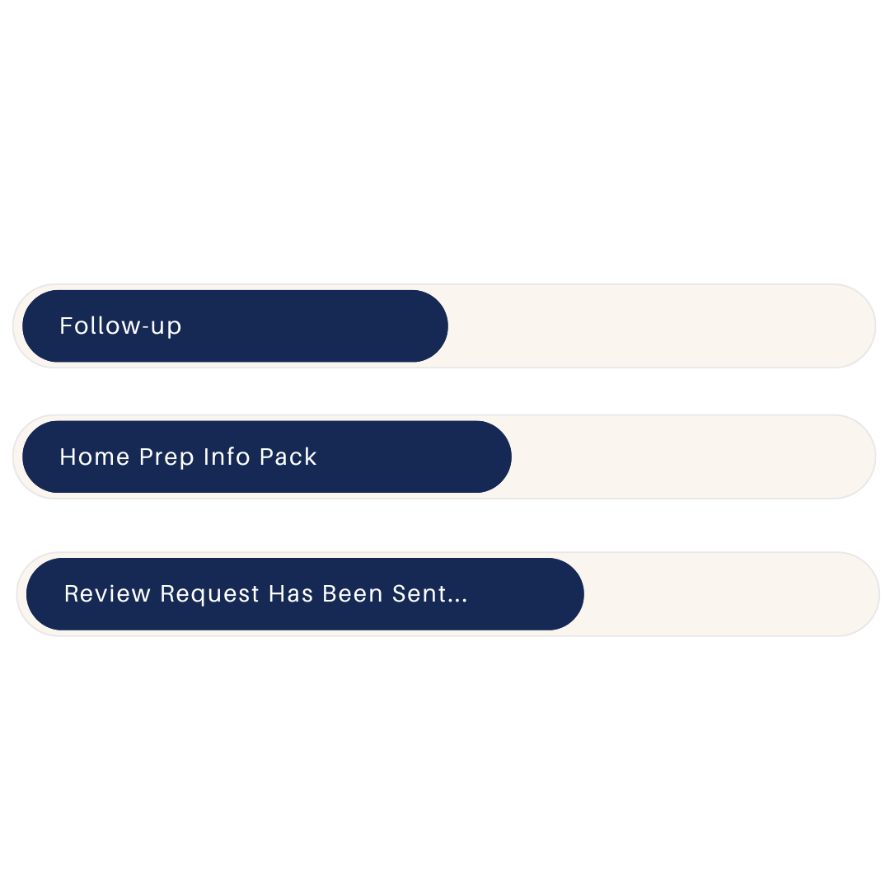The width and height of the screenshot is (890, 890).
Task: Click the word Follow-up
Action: click(120, 326)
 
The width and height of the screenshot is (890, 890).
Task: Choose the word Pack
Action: click(288, 457)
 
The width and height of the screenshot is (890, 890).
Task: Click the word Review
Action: click(108, 594)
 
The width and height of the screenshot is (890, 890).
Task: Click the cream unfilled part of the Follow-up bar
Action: click(659, 326)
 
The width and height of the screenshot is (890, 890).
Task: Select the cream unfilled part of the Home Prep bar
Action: click(692, 457)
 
